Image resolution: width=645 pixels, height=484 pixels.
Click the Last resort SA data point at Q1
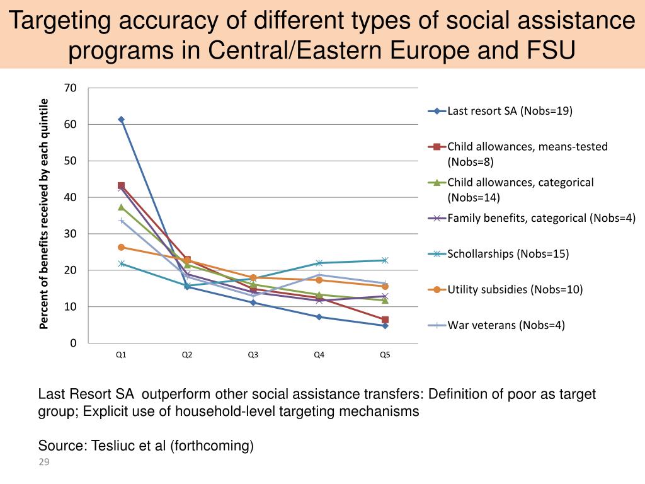[121, 119]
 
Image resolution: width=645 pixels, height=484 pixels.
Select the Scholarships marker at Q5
[385, 260]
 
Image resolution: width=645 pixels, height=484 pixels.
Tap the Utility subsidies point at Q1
[121, 247]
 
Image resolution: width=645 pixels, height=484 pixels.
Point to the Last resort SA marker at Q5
[385, 326]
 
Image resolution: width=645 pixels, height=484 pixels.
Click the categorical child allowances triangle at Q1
[121, 207]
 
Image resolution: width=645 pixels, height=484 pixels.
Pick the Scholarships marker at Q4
[319, 263]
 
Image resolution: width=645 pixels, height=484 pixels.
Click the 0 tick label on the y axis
[73, 343]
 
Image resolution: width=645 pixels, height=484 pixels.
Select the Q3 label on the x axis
[253, 355]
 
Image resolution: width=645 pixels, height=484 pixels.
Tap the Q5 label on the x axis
[385, 355]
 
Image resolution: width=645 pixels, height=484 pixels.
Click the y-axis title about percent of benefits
[44, 214]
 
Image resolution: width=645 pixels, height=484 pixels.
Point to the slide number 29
[44, 463]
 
